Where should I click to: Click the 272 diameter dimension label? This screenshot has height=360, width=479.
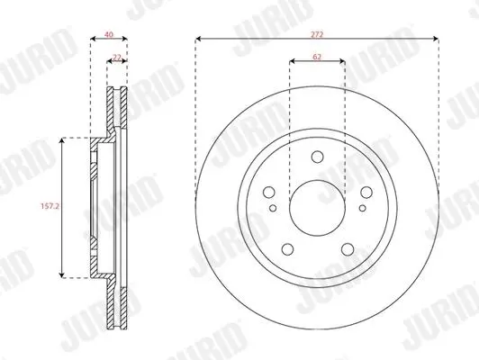tap(317, 35)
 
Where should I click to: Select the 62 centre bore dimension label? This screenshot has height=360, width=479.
tap(317, 57)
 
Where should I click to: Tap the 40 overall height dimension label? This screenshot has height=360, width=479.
tap(109, 34)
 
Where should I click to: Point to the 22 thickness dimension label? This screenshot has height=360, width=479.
tap(117, 57)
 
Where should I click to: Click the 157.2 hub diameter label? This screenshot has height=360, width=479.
tap(50, 206)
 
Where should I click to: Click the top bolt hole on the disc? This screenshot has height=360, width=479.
tap(318, 157)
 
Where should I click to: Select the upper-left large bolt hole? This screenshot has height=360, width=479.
tap(269, 193)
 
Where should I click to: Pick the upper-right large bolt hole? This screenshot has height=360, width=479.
tap(366, 193)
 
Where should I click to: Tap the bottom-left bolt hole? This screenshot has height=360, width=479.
tap(287, 249)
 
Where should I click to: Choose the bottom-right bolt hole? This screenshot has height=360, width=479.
tap(348, 249)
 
